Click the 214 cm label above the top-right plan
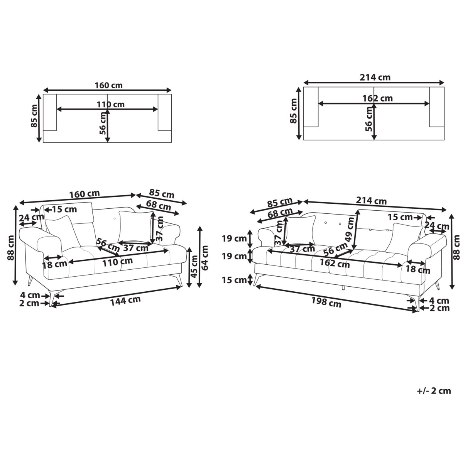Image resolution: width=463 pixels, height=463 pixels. [x=375, y=78]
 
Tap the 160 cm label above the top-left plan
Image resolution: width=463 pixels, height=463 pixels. [x=108, y=85]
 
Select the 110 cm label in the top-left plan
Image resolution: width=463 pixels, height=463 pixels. [x=110, y=105]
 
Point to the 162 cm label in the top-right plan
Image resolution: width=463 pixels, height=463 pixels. [x=377, y=98]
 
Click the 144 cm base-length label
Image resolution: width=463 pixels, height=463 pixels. [x=125, y=301]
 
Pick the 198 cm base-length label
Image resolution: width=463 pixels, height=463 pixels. [x=326, y=302]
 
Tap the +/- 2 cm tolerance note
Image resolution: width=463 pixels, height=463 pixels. [x=434, y=391]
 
